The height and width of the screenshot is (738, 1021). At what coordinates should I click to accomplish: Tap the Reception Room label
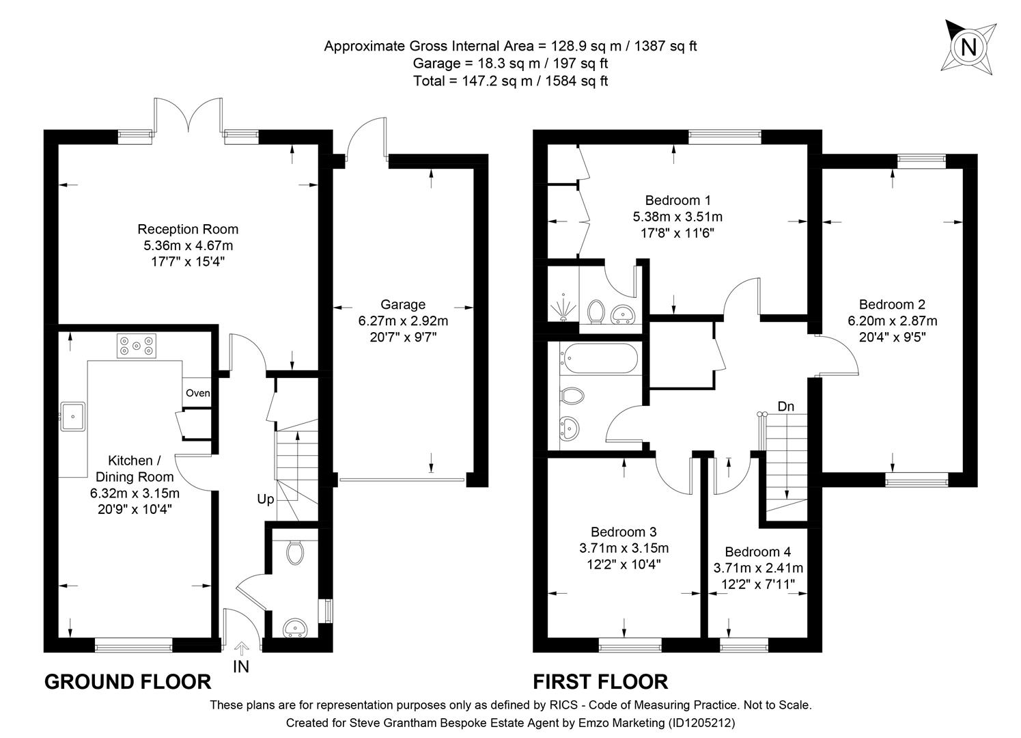(188, 229)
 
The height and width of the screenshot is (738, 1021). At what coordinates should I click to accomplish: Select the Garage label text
(403, 305)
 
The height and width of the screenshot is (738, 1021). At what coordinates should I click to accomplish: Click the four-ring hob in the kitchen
(137, 346)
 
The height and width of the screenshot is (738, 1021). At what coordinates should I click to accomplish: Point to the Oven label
(198, 393)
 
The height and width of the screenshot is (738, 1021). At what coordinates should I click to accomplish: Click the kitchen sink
(72, 416)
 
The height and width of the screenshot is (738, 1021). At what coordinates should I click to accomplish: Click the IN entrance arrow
(241, 648)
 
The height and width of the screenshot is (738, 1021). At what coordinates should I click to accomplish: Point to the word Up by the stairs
(265, 500)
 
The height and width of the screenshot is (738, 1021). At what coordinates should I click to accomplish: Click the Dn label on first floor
(786, 407)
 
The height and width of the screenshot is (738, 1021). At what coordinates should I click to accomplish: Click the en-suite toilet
(596, 311)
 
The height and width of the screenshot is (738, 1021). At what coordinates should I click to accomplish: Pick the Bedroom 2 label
(892, 305)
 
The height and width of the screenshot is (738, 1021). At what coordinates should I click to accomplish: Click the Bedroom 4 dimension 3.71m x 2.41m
(758, 568)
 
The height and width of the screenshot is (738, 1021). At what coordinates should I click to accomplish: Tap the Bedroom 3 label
(624, 532)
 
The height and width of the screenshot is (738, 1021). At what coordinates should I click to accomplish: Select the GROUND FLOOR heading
(128, 681)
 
